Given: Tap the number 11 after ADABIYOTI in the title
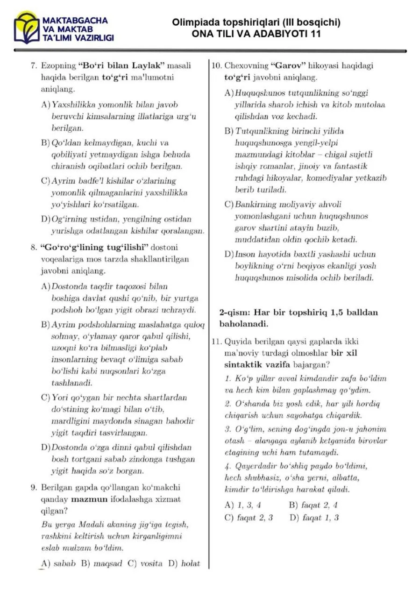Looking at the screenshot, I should coord(315,34).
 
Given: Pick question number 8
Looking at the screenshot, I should coord(33,247).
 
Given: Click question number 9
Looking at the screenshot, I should coord(33,487).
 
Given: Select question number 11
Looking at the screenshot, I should coord(216,341).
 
